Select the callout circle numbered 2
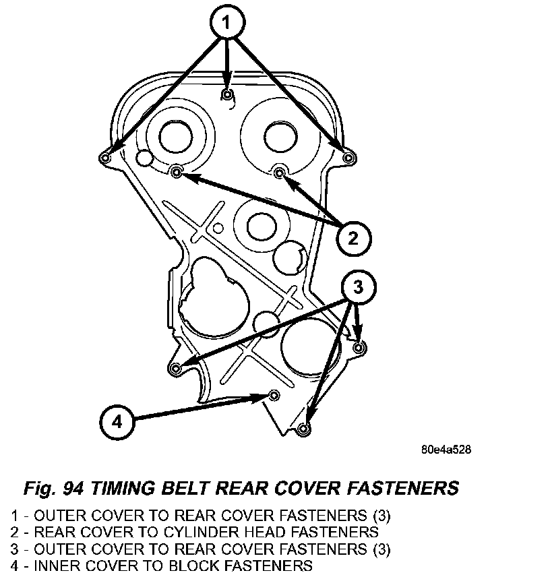click(x=354, y=237)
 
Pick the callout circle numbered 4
click(x=117, y=422)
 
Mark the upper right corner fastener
click(x=348, y=157)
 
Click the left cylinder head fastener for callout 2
click(x=177, y=173)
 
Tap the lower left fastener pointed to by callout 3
click(x=176, y=368)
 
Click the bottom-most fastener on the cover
click(x=303, y=429)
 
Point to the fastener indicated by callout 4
click(x=274, y=394)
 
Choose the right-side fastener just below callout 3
click(x=359, y=347)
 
